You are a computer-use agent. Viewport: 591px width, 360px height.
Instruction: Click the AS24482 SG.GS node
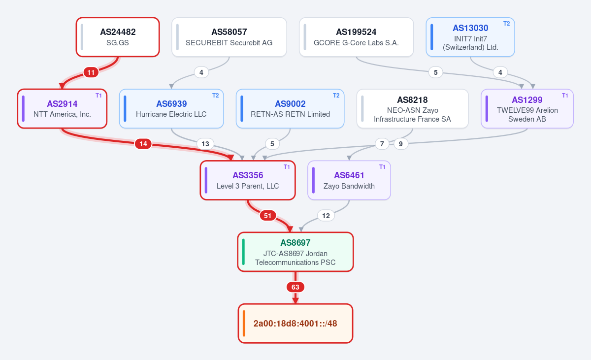coord(118,37)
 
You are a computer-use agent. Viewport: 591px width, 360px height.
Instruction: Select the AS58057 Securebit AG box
coord(229,37)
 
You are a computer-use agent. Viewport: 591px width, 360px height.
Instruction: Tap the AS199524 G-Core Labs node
coord(356,37)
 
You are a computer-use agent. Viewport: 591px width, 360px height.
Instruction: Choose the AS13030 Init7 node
coord(470,37)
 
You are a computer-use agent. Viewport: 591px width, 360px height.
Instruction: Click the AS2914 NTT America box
coord(62,109)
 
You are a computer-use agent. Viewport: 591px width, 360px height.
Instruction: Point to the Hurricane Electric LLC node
coord(171,109)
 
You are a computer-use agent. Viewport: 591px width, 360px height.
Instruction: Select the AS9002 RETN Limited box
coord(290,109)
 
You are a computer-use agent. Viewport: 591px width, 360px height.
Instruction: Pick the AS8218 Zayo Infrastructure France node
coord(413,109)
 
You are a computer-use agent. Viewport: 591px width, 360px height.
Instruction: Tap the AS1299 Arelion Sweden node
coord(527,109)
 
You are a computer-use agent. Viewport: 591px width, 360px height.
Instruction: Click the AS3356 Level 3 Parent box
coord(248,180)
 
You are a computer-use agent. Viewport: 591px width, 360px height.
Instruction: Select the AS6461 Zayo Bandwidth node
coord(349,180)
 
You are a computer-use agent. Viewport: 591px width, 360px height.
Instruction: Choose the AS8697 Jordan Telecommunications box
coord(295,252)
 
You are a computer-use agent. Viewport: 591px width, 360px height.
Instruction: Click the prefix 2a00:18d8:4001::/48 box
coord(295,324)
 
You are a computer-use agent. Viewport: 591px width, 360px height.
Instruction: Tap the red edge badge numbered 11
coord(91,72)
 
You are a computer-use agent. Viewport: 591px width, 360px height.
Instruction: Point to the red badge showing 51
coord(268,216)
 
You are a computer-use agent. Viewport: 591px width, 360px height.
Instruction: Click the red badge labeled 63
coord(295,287)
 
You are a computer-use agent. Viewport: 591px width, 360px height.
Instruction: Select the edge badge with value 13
coord(205,144)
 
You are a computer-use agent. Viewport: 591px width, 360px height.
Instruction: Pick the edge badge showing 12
coord(326,216)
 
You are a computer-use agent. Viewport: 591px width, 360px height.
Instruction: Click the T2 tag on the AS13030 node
coord(507,24)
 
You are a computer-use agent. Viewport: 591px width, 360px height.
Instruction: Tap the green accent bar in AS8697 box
coord(243,252)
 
